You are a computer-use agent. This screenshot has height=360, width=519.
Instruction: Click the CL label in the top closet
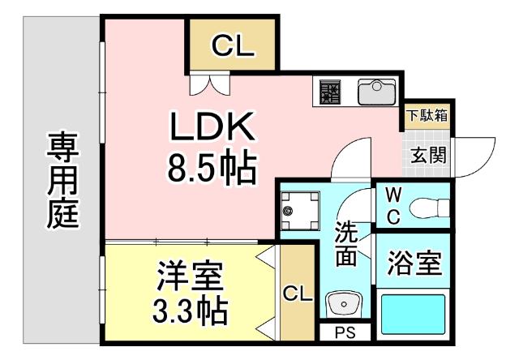coord(233,47)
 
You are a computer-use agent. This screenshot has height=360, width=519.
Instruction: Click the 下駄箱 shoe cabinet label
coord(427,115)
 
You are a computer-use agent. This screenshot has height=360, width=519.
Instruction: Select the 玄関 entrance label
coord(427,154)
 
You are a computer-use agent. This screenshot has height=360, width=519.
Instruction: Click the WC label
coord(392,206)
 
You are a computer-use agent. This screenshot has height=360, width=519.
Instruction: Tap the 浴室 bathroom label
coord(414,264)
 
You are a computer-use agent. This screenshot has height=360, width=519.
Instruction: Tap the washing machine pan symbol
coord(299,211)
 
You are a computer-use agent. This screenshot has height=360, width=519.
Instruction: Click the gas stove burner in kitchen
coord(330,91)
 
